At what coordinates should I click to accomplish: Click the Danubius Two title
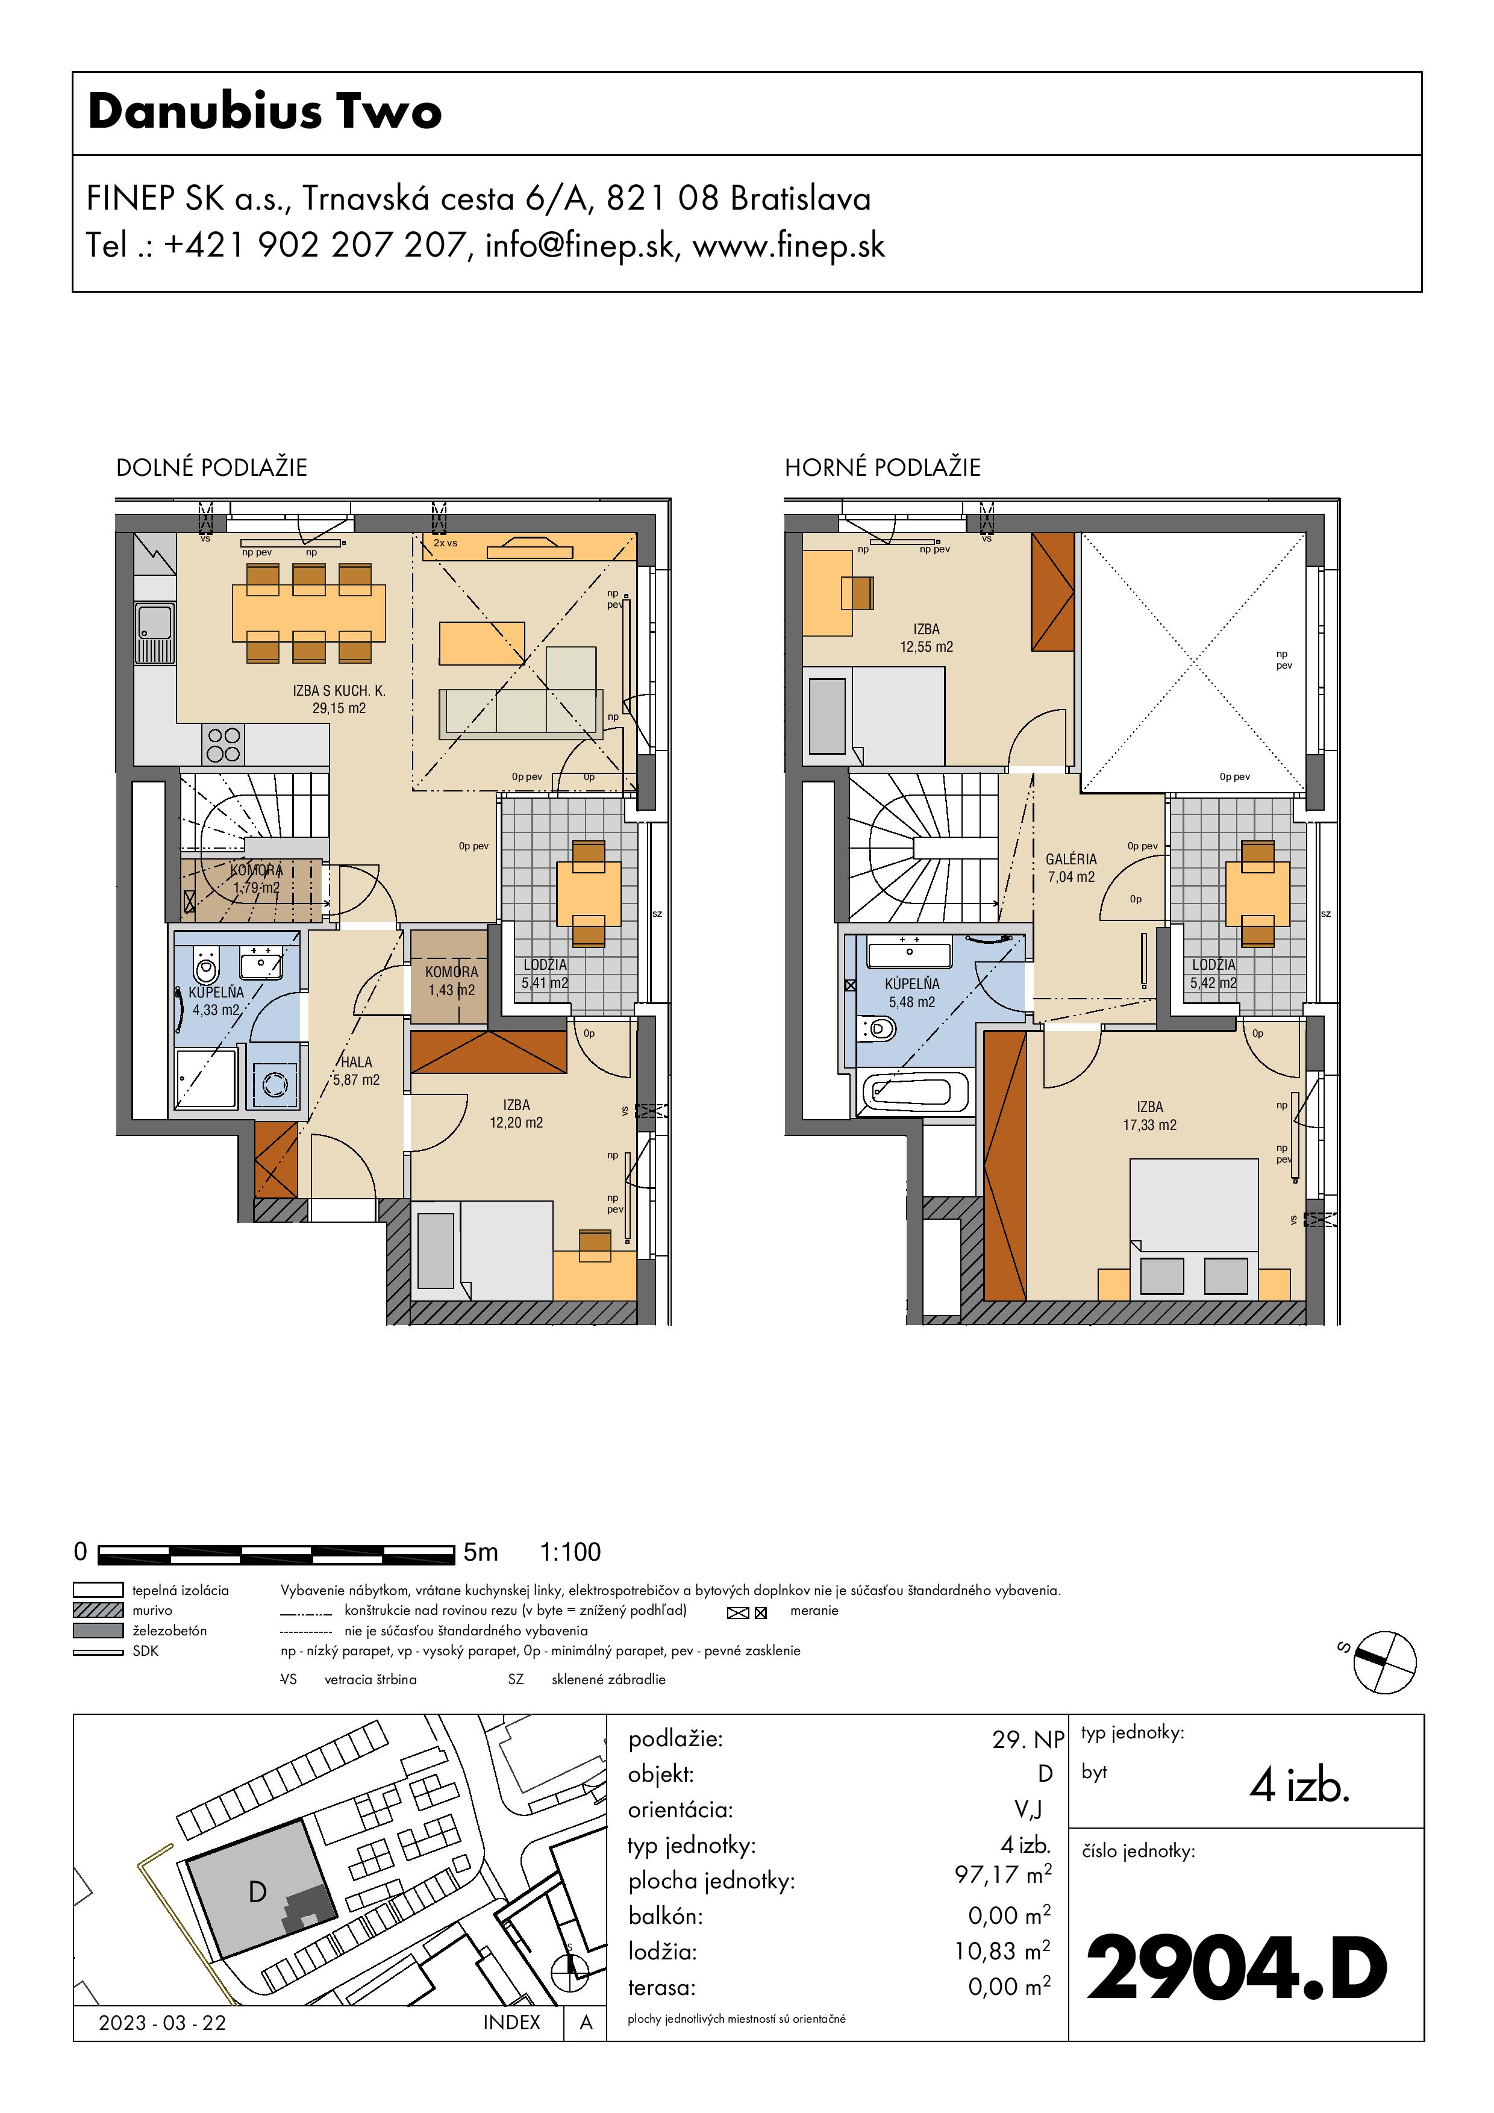[x=265, y=111]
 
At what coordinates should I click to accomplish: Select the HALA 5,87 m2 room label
[x=356, y=1071]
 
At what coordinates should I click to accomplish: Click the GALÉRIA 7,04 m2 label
[x=1072, y=868]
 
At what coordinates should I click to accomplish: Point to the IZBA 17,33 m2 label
[x=1150, y=1116]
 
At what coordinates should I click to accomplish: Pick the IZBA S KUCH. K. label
[x=339, y=690]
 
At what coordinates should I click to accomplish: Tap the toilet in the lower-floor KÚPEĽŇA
[x=206, y=966]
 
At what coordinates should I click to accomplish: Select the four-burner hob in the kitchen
[x=223, y=744]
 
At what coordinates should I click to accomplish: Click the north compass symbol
[x=1384, y=1662]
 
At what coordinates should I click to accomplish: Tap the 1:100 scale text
[x=570, y=1553]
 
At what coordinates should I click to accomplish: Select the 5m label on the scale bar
[x=481, y=1553]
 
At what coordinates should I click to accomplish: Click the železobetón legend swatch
[x=98, y=1630]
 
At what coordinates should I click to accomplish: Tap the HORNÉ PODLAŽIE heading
[x=882, y=467]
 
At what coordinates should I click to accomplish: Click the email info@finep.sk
[x=581, y=246]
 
